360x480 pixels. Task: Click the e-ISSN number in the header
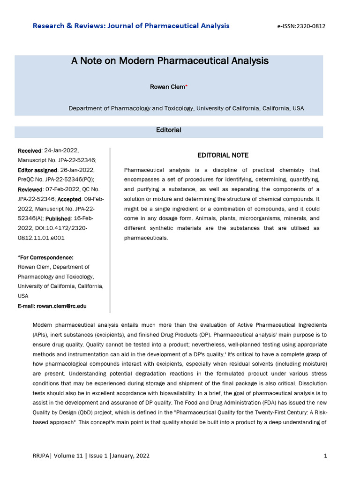pos(302,26)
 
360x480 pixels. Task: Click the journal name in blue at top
pos(131,25)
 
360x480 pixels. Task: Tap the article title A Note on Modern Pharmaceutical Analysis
pos(170,61)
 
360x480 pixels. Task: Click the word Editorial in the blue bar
pos(169,130)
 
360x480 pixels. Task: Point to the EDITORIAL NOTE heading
pos(223,155)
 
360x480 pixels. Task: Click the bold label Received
pos(29,150)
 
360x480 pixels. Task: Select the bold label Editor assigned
pos(37,170)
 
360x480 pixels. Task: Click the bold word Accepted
pos(69,199)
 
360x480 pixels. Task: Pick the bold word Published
pos(58,218)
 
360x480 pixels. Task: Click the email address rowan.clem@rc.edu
pos(61,306)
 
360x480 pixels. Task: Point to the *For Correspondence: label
pos(45,257)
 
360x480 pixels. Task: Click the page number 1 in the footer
pos(325,456)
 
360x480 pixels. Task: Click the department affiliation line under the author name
pos(186,108)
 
